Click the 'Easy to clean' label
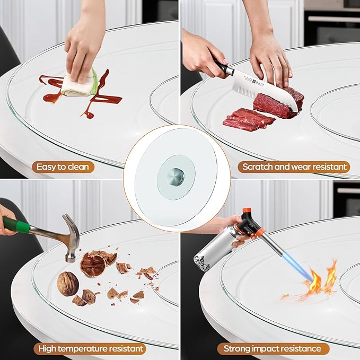point(63,167)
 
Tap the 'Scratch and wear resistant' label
point(294,167)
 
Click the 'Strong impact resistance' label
point(273,348)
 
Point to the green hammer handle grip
point(16,225)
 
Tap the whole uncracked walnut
point(68,284)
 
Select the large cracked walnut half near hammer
point(94,264)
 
